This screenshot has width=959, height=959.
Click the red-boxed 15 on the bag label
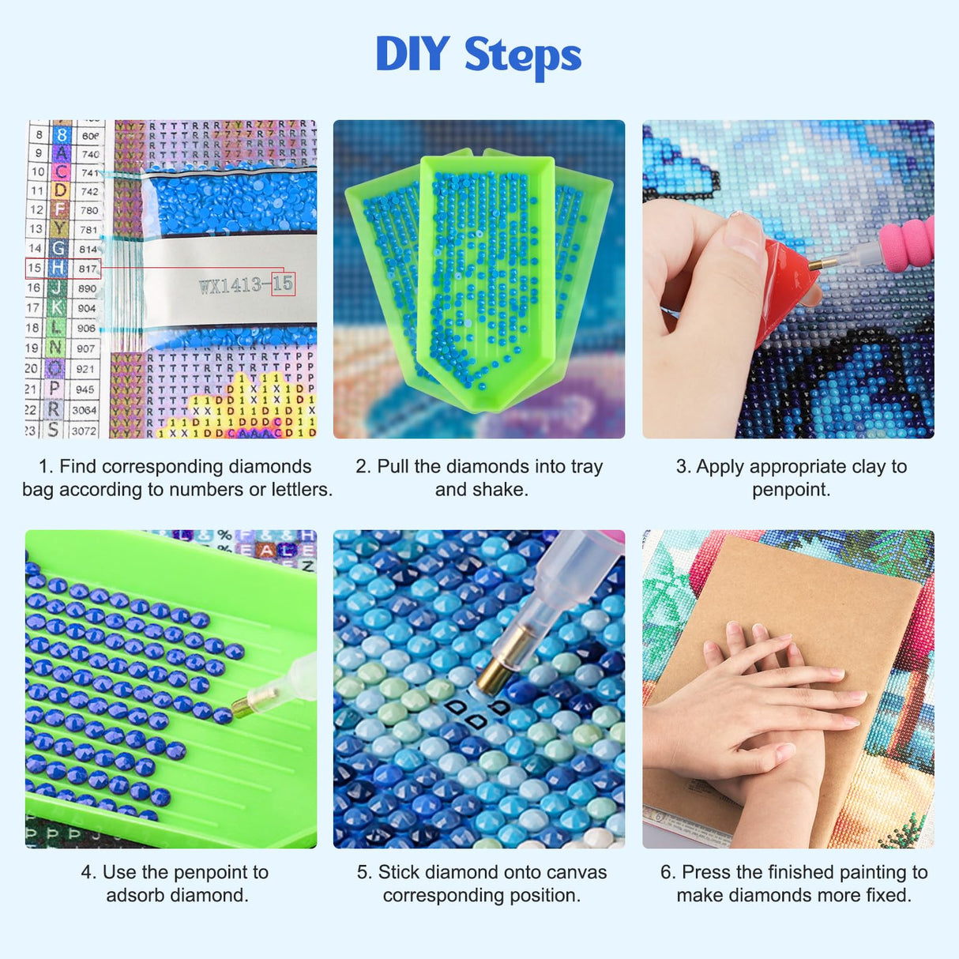point(283,284)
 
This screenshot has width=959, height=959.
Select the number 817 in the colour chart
point(88,269)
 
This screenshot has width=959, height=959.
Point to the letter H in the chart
point(58,268)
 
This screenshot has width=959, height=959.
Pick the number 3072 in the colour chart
point(84,431)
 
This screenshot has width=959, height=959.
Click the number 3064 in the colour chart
point(84,410)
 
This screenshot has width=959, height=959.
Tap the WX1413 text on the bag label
point(231,285)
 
